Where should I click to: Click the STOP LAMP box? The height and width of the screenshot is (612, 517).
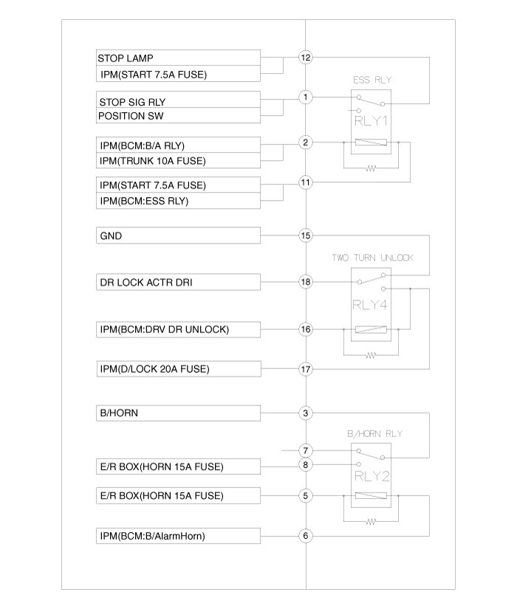tap(178, 58)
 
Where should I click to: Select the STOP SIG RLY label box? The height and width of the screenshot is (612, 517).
tap(178, 100)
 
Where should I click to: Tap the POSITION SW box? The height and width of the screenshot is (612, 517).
tap(178, 117)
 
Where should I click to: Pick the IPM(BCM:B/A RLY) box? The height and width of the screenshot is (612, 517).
tap(178, 144)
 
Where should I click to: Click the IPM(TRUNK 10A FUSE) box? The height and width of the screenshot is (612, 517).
tap(178, 161)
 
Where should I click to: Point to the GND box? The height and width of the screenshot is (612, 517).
tap(178, 235)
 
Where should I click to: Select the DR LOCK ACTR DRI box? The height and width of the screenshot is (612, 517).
tap(178, 282)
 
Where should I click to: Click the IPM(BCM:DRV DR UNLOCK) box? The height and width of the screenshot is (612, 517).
tap(178, 329)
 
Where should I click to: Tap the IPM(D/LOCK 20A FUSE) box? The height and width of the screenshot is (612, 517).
tap(178, 368)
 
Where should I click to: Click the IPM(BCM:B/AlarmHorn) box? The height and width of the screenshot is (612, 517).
tap(178, 537)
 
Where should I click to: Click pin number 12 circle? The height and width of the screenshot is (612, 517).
tap(306, 58)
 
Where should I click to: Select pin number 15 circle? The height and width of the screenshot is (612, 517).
tap(306, 235)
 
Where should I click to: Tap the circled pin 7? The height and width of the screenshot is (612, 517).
tap(306, 450)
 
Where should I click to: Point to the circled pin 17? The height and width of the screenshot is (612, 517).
tap(306, 368)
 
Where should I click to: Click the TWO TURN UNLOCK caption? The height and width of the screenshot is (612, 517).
tap(372, 258)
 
